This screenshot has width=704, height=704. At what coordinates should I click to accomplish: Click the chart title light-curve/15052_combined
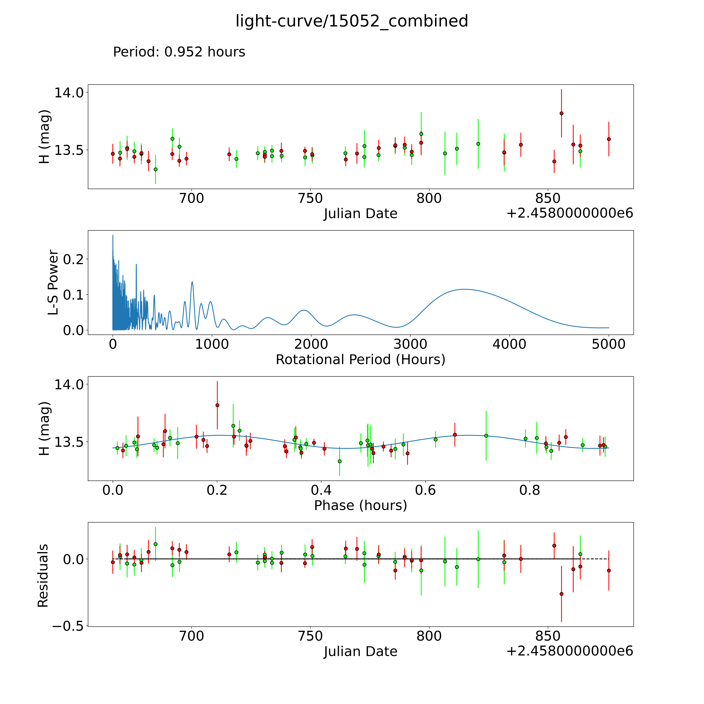click(352, 21)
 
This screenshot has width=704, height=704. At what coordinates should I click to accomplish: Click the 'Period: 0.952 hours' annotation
click(179, 52)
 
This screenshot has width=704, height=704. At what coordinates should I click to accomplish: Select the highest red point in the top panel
click(562, 113)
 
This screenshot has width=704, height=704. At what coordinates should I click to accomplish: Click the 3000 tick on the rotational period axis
click(410, 344)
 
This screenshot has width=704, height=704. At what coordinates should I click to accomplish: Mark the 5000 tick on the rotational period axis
click(609, 344)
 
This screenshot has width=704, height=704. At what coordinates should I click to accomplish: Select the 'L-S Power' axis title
click(53, 282)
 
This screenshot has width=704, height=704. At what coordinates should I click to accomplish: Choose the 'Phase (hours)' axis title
click(360, 505)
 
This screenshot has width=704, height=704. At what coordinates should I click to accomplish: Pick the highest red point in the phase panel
click(217, 405)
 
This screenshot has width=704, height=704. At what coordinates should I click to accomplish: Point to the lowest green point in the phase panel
click(340, 461)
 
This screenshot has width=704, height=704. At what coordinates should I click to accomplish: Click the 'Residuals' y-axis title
click(43, 576)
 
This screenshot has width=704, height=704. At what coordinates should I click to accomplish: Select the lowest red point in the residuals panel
click(562, 594)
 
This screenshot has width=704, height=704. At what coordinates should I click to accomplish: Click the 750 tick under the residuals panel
click(310, 636)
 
